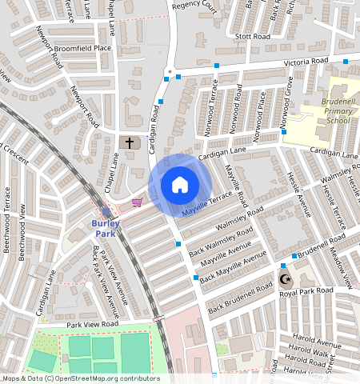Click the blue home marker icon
[180, 185]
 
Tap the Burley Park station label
[106, 228]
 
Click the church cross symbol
[130, 142]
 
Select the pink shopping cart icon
[137, 202]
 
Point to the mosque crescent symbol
[285, 279]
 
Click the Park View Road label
[92, 325]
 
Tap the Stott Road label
[249, 36]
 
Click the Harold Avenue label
[318, 345]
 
